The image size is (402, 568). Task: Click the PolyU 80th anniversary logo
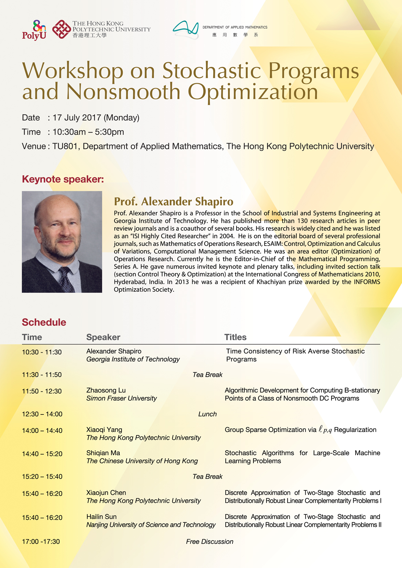(x=34, y=30)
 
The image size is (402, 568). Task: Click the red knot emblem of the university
(x=62, y=30)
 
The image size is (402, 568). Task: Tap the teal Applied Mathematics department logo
(x=186, y=29)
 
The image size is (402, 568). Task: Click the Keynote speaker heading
(x=63, y=179)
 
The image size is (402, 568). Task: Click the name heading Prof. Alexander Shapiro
(x=174, y=201)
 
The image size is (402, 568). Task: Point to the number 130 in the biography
(x=302, y=221)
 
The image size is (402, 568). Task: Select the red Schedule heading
(x=44, y=322)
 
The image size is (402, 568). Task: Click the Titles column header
(x=235, y=337)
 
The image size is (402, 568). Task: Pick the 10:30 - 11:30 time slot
(x=42, y=352)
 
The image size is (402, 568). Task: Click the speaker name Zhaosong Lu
(x=106, y=390)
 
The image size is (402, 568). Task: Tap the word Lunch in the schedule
(x=207, y=414)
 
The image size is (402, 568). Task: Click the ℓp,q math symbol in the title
(x=325, y=430)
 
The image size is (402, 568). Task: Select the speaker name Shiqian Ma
(x=103, y=453)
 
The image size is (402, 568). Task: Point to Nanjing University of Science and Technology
(x=151, y=525)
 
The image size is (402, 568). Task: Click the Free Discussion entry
(x=209, y=542)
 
